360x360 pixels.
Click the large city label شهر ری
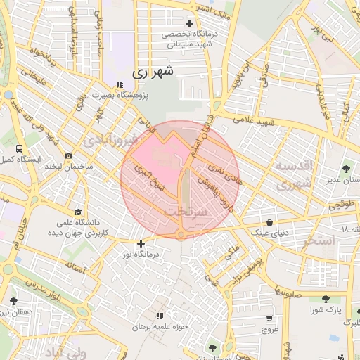tap(150, 72)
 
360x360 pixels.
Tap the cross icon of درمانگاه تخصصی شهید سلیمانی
tap(189, 23)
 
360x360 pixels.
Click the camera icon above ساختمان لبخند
tap(68, 155)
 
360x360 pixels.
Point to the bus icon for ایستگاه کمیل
tap(18, 148)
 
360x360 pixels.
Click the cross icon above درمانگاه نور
tap(141, 243)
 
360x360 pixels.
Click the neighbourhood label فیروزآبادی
tap(107, 141)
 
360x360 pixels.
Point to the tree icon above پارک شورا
tap(326, 298)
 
